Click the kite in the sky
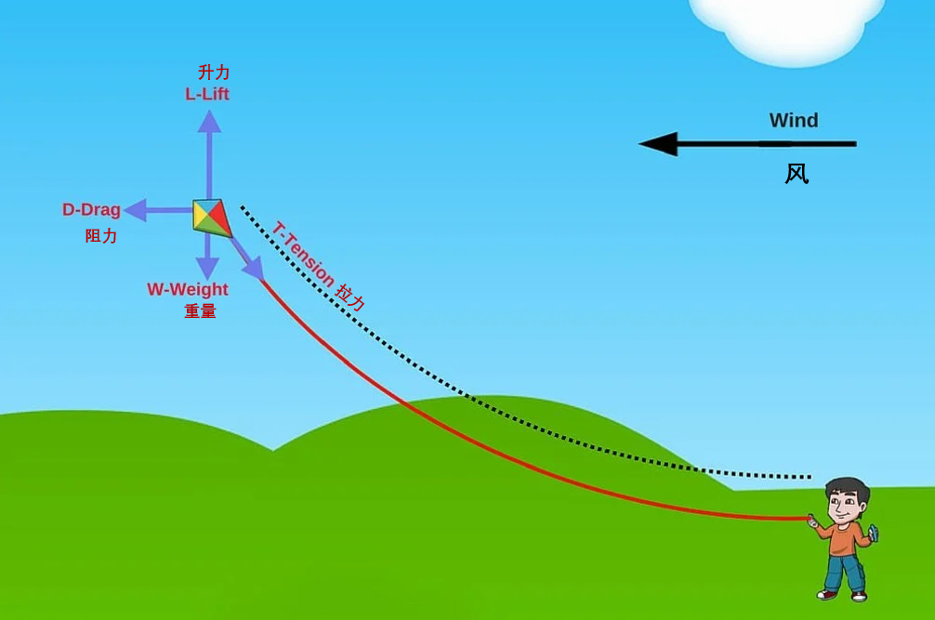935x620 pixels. (211, 218)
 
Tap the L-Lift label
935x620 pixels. (207, 94)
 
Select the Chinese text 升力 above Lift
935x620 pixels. (214, 73)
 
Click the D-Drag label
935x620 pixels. (91, 210)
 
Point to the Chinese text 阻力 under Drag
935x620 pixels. (101, 236)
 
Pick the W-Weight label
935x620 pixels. (188, 289)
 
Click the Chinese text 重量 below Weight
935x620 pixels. (200, 311)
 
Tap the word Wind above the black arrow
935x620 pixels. (794, 121)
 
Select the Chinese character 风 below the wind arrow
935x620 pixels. (797, 174)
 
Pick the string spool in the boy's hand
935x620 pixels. (873, 534)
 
